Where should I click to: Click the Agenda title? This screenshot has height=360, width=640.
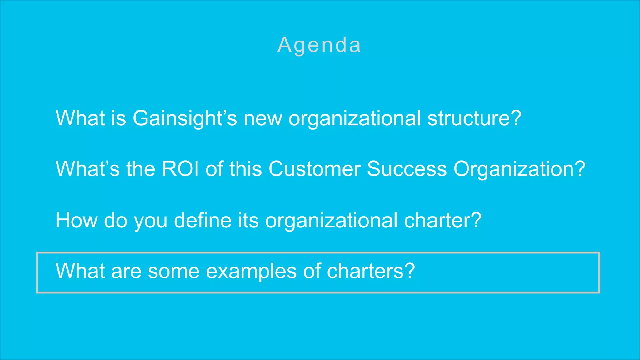(x=319, y=45)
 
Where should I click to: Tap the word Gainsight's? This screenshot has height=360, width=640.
(x=185, y=118)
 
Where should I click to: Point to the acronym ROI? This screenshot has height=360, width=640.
(x=180, y=169)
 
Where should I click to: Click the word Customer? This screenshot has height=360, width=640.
(x=314, y=169)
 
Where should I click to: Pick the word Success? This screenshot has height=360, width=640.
(x=407, y=169)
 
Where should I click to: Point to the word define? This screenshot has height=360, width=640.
(x=202, y=220)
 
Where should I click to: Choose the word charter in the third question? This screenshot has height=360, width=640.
(x=438, y=220)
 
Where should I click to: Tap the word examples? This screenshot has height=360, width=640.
(x=251, y=271)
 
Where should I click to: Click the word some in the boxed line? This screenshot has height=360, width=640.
(x=173, y=271)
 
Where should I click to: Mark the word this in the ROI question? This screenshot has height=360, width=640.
(x=245, y=169)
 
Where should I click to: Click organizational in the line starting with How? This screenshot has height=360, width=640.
(x=331, y=221)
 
